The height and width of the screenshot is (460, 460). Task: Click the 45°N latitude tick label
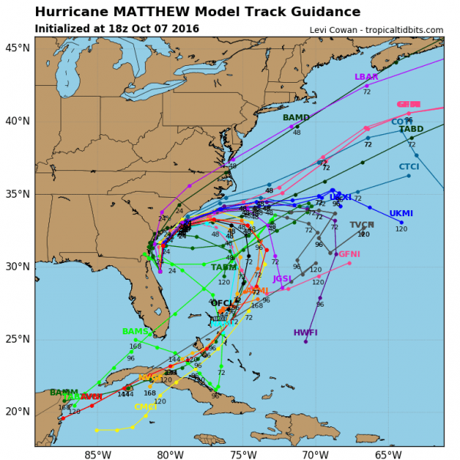(x=16, y=48)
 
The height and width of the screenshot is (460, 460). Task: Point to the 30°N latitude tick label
(x=16, y=266)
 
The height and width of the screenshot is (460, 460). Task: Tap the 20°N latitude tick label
(x=16, y=412)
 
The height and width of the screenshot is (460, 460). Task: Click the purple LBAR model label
(x=366, y=77)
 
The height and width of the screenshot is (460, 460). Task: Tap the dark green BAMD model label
(x=296, y=117)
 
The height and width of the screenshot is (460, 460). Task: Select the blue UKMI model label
(x=402, y=213)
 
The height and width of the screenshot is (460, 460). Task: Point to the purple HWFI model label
(x=305, y=333)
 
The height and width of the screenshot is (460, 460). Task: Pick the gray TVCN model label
(x=362, y=225)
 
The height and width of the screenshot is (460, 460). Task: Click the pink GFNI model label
(x=349, y=254)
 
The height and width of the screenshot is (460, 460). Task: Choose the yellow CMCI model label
(x=146, y=407)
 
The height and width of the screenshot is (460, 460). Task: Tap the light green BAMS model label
(x=134, y=331)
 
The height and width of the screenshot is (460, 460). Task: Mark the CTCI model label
(x=409, y=166)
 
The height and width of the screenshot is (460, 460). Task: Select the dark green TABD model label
(x=411, y=130)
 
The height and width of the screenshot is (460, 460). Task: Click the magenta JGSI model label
(x=282, y=278)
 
